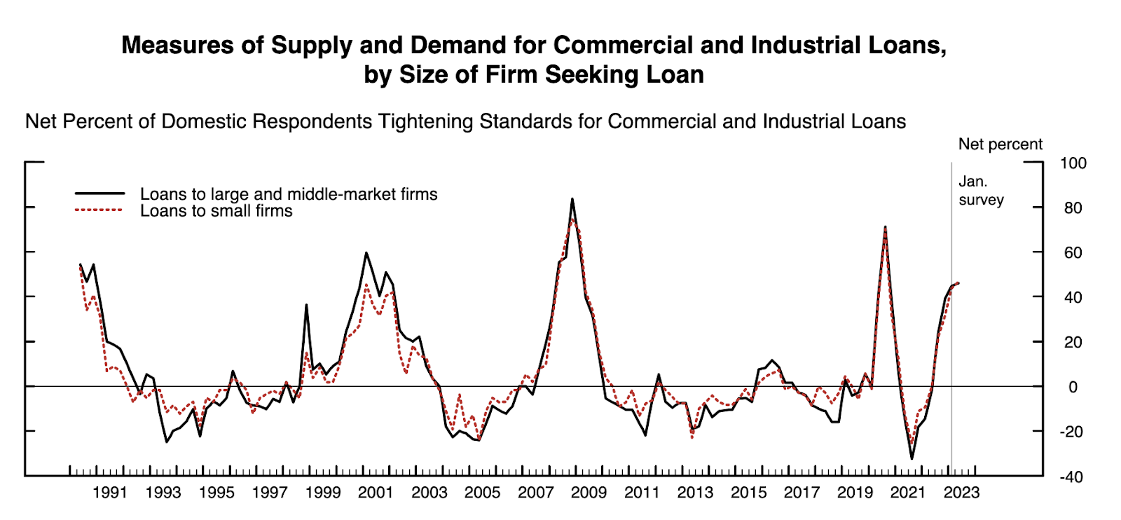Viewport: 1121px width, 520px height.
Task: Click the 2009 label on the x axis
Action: [x=589, y=493]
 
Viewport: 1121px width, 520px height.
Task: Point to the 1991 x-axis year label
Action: [x=110, y=493]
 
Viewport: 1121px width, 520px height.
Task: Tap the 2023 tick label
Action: [x=961, y=493]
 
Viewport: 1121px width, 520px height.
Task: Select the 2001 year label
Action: [x=376, y=493]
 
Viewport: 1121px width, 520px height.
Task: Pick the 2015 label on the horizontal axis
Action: [x=748, y=493]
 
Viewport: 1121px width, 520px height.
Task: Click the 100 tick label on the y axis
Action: [x=1073, y=163]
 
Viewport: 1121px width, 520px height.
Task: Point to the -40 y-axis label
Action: [x=1070, y=477]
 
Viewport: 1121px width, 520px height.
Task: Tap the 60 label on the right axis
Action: [x=1073, y=253]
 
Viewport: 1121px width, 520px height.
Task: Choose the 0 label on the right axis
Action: [x=1073, y=387]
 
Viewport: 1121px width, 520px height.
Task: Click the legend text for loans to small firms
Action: [x=216, y=211]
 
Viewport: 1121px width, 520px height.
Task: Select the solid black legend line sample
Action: [x=99, y=193]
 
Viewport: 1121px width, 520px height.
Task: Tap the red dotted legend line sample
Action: [x=99, y=210]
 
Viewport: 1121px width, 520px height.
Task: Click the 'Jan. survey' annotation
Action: [x=981, y=191]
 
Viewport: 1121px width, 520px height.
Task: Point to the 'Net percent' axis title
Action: [x=1000, y=144]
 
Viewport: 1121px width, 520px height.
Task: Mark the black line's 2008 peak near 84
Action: [x=572, y=199]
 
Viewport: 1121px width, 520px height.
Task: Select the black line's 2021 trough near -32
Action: [x=912, y=458]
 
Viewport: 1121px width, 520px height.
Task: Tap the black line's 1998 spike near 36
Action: [x=306, y=305]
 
